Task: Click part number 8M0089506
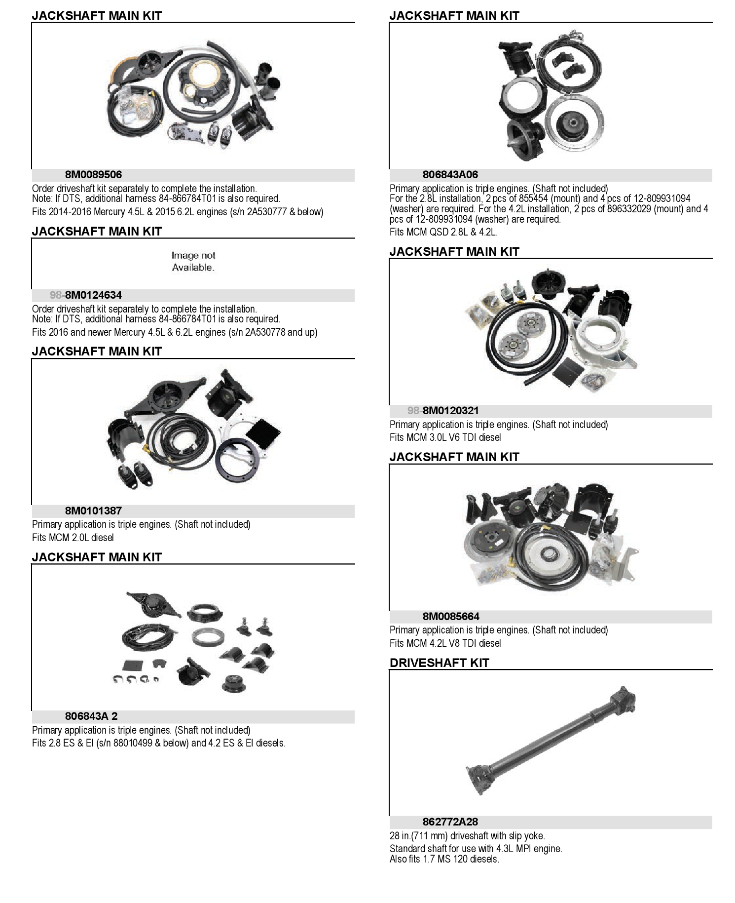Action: [x=93, y=175]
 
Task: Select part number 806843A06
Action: [x=450, y=175]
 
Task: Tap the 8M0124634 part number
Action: [x=93, y=295]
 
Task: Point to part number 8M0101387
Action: [x=93, y=511]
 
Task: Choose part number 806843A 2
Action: [x=91, y=716]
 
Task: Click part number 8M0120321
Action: [x=450, y=411]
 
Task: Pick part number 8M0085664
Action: [x=451, y=617]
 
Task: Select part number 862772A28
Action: [x=450, y=822]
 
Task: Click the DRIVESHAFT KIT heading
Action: [x=439, y=663]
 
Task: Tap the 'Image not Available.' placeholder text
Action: [x=193, y=262]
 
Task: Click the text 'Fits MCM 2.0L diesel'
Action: [x=73, y=538]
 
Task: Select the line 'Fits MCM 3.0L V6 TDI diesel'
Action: [x=445, y=437]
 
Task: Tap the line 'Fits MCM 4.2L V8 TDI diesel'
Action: [x=445, y=643]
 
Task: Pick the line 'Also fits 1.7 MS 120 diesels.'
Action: [x=444, y=859]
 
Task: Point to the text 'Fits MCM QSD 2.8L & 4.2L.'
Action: [x=443, y=232]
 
